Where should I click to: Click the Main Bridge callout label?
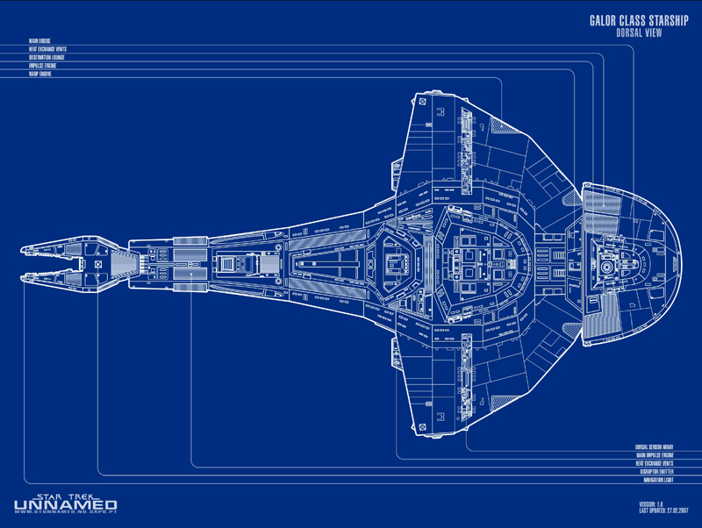[x=39, y=40]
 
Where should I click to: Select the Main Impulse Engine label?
[x=655, y=455]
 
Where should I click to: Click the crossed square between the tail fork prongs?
[x=97, y=263]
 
